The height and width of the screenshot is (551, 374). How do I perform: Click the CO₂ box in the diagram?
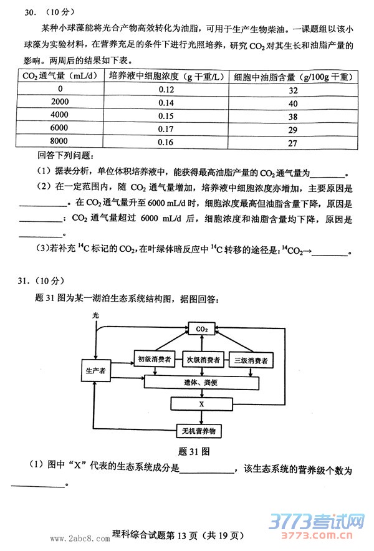[x=201, y=328]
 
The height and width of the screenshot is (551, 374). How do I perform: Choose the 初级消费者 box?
[x=153, y=360]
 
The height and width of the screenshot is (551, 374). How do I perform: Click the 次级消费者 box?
[x=203, y=360]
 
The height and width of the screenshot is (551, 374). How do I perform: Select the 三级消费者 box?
[x=251, y=360]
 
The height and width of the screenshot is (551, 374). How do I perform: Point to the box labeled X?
[x=201, y=404]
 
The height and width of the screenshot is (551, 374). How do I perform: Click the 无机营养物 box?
[x=201, y=431]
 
